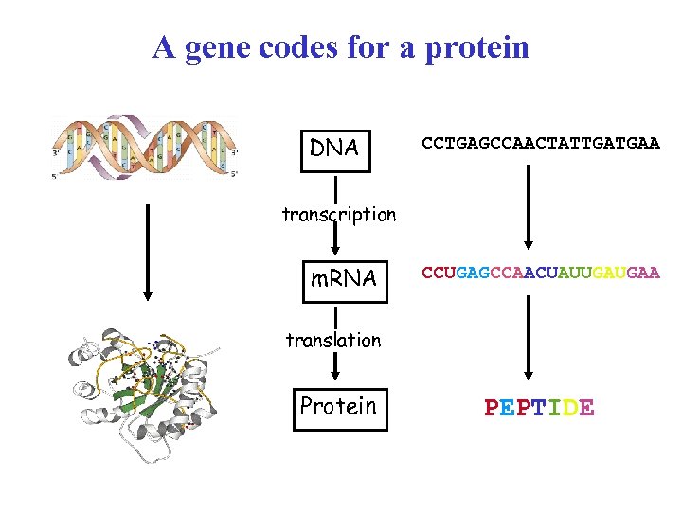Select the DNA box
coord(335,149)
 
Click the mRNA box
coord(345,278)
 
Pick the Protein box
coord(340,407)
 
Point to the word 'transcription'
coord(338,215)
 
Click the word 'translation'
coord(333,340)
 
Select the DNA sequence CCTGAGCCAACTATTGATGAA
coord(541,144)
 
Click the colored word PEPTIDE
coord(539,408)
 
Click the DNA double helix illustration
coord(145,147)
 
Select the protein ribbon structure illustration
coord(139,395)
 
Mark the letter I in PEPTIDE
coord(555,408)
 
